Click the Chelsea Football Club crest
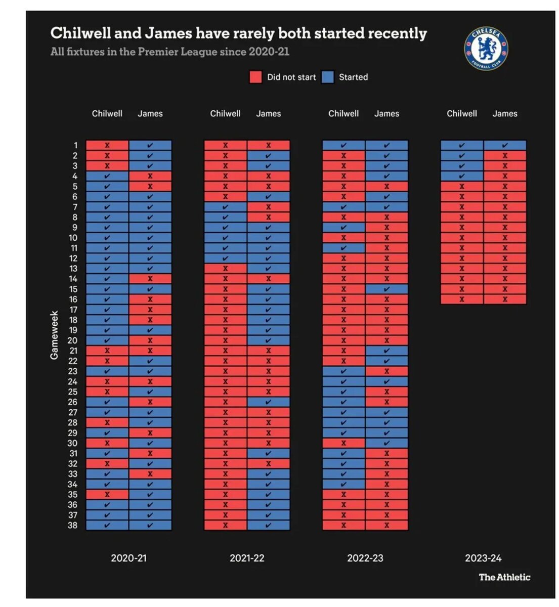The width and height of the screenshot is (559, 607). pyautogui.click(x=486, y=49)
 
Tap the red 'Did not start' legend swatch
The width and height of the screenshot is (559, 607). pyautogui.click(x=255, y=77)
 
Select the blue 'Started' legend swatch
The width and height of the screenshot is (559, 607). pyautogui.click(x=328, y=77)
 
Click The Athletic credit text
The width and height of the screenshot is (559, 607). pyautogui.click(x=504, y=577)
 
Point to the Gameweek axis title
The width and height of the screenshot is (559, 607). pyautogui.click(x=54, y=335)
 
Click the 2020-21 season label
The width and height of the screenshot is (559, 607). pyautogui.click(x=128, y=558)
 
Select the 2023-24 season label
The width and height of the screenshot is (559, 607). pyautogui.click(x=483, y=558)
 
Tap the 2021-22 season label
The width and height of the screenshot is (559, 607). pyautogui.click(x=247, y=558)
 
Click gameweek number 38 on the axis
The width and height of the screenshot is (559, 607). pyautogui.click(x=73, y=526)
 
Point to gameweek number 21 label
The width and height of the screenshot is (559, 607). pyautogui.click(x=73, y=351)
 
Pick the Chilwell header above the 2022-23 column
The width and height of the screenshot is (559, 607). pyautogui.click(x=343, y=114)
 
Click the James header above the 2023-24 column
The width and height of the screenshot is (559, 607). pyautogui.click(x=505, y=114)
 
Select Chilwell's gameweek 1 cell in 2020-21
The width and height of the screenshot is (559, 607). pyautogui.click(x=107, y=145)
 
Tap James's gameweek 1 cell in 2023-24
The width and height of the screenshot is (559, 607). pyautogui.click(x=505, y=145)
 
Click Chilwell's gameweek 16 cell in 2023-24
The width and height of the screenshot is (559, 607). pyautogui.click(x=462, y=299)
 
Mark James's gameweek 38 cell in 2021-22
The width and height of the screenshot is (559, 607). pyautogui.click(x=269, y=526)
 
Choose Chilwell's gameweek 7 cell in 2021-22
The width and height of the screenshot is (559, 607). pyautogui.click(x=226, y=207)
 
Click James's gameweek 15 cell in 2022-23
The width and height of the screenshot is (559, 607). pyautogui.click(x=386, y=289)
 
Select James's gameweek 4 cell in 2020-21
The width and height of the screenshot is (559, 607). pyautogui.click(x=150, y=176)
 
